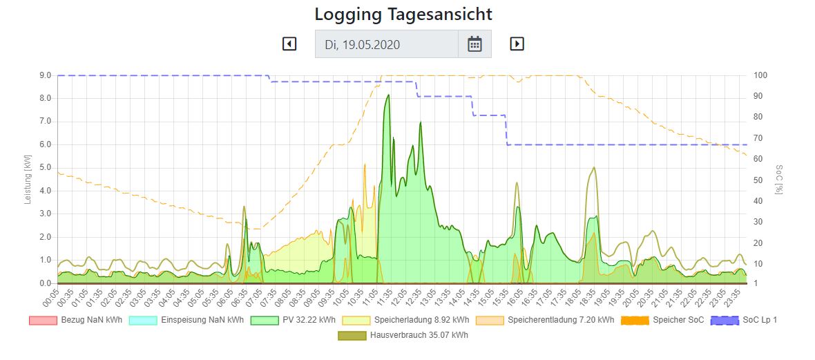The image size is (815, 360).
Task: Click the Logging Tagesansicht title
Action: [403, 14]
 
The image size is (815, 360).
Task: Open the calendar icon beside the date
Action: [474, 44]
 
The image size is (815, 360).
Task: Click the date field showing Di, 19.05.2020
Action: [387, 44]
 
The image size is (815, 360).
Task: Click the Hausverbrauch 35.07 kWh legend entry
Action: [404, 335]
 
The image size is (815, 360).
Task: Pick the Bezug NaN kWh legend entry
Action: [75, 320]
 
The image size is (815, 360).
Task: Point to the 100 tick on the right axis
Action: [760, 75]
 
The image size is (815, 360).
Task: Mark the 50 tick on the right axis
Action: [758, 180]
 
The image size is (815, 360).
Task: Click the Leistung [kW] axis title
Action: [28, 179]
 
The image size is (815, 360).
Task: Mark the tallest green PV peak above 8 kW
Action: [388, 95]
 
